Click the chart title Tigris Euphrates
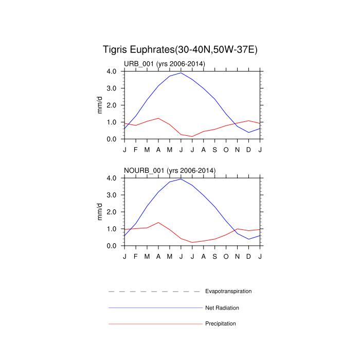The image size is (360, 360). click(180, 50)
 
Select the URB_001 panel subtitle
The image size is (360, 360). click(165, 64)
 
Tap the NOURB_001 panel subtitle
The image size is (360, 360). click(170, 170)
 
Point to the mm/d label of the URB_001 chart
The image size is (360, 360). click(101, 105)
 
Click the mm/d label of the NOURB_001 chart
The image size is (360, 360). click(101, 211)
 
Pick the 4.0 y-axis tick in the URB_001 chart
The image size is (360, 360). click(114, 71)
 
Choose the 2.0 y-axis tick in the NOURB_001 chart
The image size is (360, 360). click(114, 212)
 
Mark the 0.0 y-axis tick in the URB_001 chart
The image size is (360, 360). click(114, 139)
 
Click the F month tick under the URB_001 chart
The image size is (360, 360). click(136, 149)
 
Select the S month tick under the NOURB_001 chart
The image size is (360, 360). click(215, 256)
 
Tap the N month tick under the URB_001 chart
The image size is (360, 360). click(238, 149)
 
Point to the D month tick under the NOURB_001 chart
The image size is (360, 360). click(249, 256)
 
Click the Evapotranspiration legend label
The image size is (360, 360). click(228, 291)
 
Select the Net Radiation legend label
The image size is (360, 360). click(222, 308)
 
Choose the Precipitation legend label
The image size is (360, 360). click(221, 324)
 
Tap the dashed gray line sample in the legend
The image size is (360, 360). click(154, 292)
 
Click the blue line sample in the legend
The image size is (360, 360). click(154, 308)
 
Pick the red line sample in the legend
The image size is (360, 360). click(154, 324)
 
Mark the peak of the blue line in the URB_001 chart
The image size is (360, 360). click(181, 73)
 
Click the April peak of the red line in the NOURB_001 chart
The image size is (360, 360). click(158, 223)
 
